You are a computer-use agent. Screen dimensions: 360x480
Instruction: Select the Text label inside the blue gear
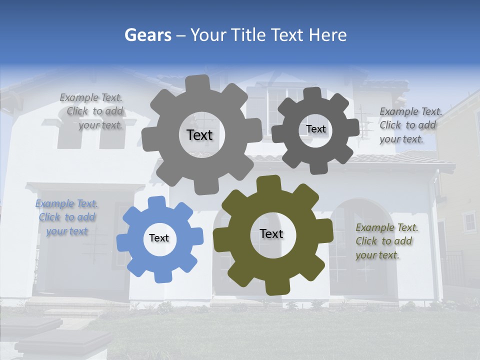(159, 238)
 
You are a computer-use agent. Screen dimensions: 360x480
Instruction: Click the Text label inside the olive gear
(271, 234)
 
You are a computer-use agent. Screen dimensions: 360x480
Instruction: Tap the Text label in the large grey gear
(199, 135)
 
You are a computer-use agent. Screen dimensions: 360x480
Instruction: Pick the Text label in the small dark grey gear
(315, 129)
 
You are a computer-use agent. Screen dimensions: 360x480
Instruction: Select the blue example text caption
(67, 217)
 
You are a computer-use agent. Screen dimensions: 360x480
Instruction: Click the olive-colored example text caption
(386, 241)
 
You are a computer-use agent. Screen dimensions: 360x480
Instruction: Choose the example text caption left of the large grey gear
(92, 111)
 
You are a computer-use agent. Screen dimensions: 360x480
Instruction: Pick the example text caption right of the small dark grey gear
(410, 125)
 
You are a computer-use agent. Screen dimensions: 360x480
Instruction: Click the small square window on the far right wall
(469, 222)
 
